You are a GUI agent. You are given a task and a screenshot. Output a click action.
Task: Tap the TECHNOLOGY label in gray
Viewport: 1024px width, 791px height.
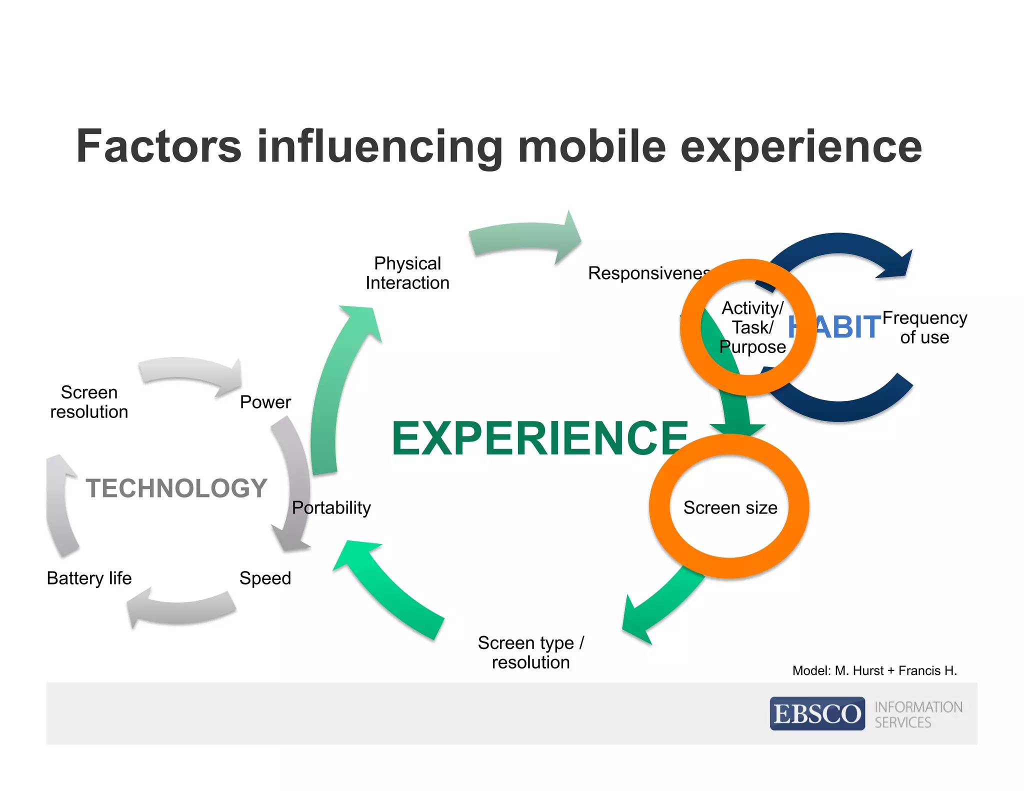(176, 488)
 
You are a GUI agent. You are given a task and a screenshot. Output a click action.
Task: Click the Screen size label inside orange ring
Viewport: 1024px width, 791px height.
(730, 507)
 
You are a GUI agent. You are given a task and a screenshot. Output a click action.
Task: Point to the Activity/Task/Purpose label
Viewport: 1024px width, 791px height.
(752, 327)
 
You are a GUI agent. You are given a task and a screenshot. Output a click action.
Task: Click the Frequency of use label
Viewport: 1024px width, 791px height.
(924, 327)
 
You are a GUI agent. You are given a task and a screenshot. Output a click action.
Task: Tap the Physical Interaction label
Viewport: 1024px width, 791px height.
(407, 273)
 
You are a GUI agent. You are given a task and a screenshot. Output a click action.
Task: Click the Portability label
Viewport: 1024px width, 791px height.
(331, 507)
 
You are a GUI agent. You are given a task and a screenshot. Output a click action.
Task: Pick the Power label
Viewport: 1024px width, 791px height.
(265, 402)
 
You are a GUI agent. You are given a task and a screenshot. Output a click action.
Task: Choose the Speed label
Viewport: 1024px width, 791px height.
(265, 578)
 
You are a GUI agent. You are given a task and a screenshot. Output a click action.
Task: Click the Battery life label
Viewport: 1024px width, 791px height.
(89, 578)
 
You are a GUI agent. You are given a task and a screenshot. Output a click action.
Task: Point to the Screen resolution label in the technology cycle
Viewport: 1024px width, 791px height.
(89, 402)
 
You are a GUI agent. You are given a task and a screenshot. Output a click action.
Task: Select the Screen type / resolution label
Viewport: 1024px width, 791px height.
(530, 652)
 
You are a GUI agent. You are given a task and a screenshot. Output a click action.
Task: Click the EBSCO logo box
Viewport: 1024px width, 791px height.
(817, 713)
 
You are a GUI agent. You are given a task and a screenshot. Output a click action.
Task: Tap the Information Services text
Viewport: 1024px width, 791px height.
(917, 714)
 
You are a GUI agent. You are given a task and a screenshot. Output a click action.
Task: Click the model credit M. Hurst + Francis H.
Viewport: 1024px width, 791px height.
(874, 670)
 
